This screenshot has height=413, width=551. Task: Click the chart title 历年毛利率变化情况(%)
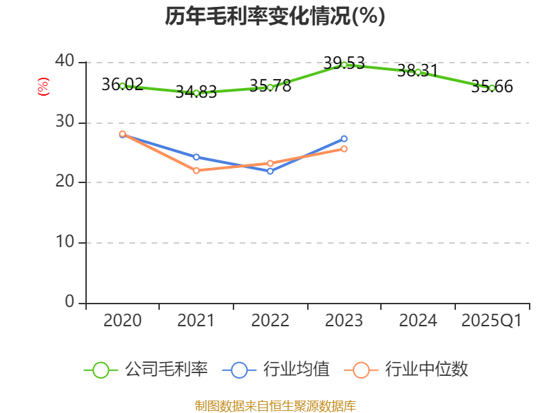point(275,17)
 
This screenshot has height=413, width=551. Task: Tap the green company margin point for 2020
point(123,86)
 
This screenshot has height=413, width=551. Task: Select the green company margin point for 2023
point(344,65)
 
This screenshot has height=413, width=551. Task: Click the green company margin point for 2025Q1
point(492,88)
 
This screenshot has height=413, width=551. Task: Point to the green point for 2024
point(418,72)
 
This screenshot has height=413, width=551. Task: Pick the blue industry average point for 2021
point(196,157)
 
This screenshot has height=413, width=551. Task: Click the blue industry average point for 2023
point(344,138)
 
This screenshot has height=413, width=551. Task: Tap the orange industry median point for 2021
point(196,170)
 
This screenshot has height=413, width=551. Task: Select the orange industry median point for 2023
point(344,149)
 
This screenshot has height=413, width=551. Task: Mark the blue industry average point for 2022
point(270,171)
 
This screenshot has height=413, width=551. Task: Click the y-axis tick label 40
point(65,61)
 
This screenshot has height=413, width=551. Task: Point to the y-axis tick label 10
point(65,242)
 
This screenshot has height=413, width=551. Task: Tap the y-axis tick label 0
point(70,302)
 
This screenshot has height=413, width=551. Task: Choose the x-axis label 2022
point(270,321)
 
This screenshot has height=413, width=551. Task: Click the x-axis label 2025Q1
point(491,321)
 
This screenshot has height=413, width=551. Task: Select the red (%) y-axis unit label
point(43,87)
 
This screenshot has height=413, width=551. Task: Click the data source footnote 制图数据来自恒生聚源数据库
point(275,405)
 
